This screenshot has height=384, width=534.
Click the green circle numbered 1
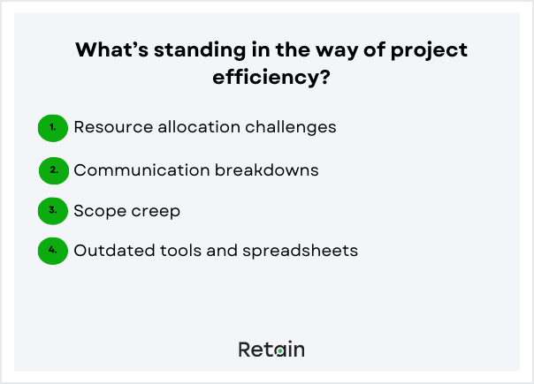click(53, 127)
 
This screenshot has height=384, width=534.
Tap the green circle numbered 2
click(54, 169)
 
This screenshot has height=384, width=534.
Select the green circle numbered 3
click(53, 210)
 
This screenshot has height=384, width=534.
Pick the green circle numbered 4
click(53, 251)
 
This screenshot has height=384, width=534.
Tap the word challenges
click(292, 127)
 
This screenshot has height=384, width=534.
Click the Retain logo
click(271, 350)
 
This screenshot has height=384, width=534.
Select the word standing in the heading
click(200, 51)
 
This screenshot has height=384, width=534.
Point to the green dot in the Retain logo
click(279, 351)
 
